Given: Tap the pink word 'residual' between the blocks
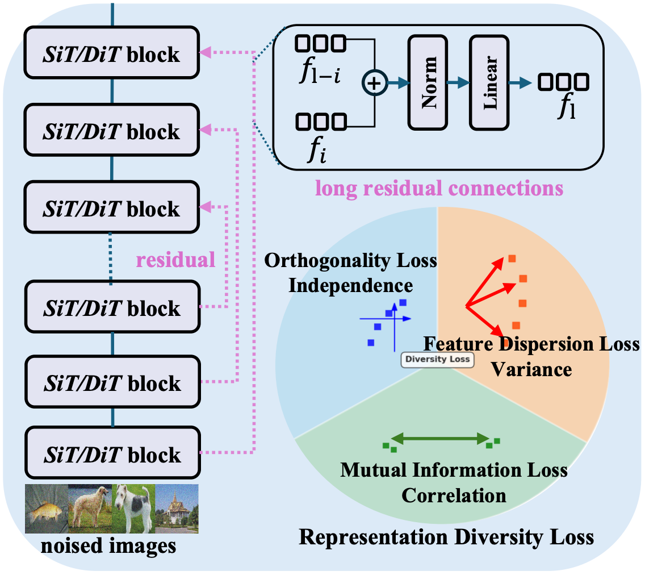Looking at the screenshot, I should pyautogui.click(x=175, y=260).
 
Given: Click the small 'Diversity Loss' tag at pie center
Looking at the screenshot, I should pyautogui.click(x=437, y=359).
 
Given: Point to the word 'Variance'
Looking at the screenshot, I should pyautogui.click(x=531, y=369).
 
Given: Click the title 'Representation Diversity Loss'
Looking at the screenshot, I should pyautogui.click(x=446, y=536).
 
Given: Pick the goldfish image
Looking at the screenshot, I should pyautogui.click(x=46, y=508).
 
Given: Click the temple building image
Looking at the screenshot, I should pyautogui.click(x=177, y=508).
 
